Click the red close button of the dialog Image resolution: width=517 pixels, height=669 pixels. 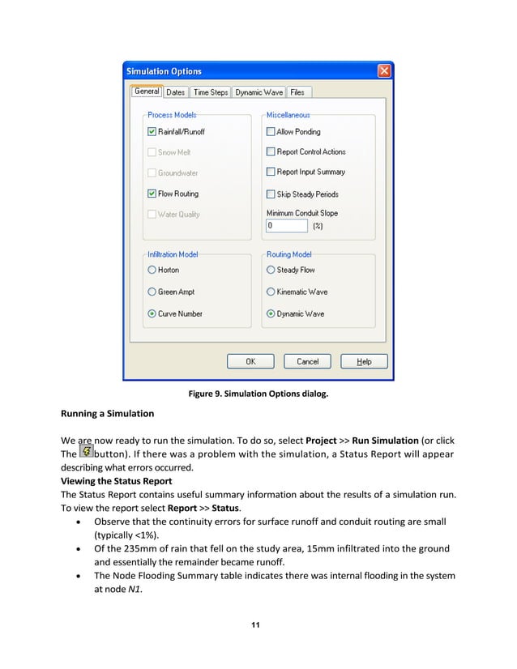(x=383, y=71)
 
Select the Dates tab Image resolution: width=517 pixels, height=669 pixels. (x=176, y=92)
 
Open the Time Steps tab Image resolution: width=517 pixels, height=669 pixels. (x=211, y=92)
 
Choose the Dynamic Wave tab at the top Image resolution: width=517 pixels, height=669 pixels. (x=259, y=92)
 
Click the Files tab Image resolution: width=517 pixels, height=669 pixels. (x=297, y=92)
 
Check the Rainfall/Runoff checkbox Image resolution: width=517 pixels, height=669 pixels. (x=152, y=132)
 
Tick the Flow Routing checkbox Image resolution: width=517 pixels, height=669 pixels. (x=152, y=194)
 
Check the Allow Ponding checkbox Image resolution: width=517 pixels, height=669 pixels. (x=271, y=132)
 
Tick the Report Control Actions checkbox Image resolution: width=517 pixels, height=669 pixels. (x=271, y=151)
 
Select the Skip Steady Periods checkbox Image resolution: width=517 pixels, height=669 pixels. (x=271, y=194)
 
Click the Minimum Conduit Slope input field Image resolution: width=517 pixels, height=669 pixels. (x=286, y=226)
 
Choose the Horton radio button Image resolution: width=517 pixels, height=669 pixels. (x=152, y=270)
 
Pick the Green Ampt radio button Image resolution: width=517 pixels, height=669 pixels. (x=152, y=292)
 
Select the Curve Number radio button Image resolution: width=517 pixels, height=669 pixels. (x=152, y=313)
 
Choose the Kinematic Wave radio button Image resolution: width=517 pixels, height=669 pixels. (x=271, y=292)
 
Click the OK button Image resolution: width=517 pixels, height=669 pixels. (x=250, y=361)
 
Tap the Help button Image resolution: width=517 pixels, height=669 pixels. (x=364, y=361)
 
